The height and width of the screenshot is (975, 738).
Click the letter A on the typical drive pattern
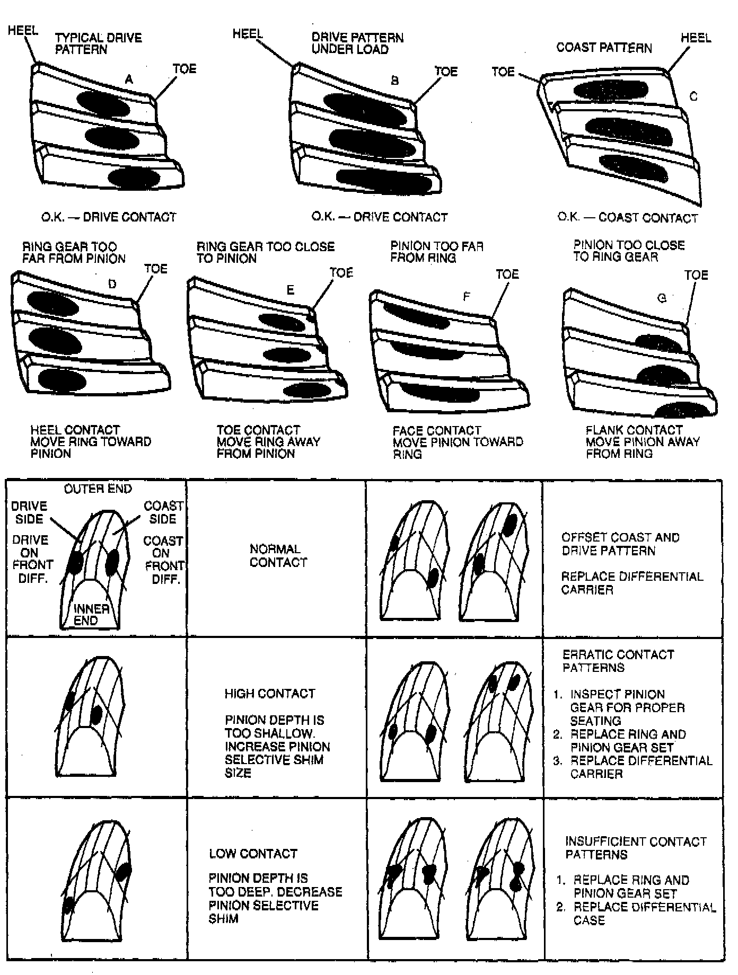[129, 80]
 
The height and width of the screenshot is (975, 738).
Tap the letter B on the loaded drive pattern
[394, 81]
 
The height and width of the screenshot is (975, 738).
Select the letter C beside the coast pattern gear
[693, 96]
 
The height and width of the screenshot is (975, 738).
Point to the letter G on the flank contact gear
[662, 298]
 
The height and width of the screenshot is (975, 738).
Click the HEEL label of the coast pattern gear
[696, 38]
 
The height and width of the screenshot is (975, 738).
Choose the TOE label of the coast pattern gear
[503, 72]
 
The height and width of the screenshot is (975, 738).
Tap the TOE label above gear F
[507, 274]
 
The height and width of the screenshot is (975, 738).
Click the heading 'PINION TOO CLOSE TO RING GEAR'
[629, 251]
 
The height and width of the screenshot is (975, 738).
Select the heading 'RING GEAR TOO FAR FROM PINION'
[74, 253]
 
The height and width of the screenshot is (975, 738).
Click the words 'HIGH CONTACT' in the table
[269, 694]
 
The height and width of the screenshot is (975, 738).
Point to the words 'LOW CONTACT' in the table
[253, 854]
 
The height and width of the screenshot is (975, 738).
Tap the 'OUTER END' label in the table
[98, 489]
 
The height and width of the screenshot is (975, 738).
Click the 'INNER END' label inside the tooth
[91, 615]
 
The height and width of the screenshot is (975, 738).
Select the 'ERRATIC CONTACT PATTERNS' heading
[618, 661]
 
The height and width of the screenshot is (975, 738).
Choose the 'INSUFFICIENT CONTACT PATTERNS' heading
[635, 848]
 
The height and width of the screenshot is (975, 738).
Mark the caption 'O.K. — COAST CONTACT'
[627, 218]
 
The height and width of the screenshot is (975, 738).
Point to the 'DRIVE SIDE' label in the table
[29, 512]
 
